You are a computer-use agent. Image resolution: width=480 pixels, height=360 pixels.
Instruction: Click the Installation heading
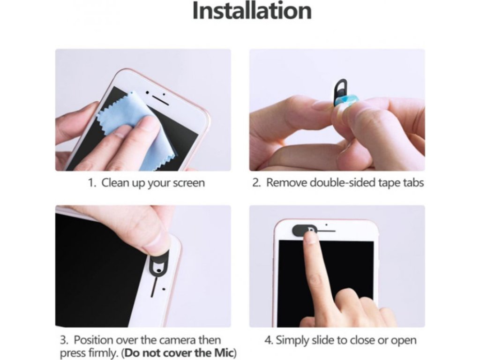tap(252, 11)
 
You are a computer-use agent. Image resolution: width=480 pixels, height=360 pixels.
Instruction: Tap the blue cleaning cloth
tap(135, 128)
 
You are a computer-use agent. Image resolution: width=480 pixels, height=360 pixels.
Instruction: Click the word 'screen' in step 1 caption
tap(189, 183)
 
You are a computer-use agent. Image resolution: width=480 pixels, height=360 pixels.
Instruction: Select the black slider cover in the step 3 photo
tap(159, 263)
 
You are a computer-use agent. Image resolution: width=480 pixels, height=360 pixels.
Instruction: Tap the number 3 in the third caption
tap(63, 340)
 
